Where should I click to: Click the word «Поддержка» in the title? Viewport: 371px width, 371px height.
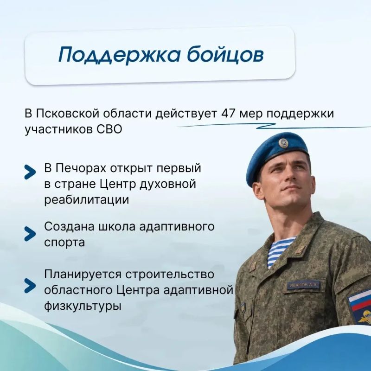[x=120, y=54]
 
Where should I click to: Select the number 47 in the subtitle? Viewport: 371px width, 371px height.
[x=229, y=114]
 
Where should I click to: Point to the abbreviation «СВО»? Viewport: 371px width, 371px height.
[x=109, y=129]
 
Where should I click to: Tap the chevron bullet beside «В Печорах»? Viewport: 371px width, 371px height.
[x=30, y=172]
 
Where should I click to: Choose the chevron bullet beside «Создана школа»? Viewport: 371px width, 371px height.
[x=30, y=234]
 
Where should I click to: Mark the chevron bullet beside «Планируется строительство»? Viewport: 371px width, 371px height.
[x=30, y=286]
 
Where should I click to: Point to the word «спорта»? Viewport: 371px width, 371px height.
[x=64, y=243]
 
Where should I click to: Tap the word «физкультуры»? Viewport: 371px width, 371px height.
[x=83, y=306]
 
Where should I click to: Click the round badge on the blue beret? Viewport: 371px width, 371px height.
[x=283, y=144]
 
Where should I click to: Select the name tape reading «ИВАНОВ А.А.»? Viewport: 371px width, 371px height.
[x=303, y=285]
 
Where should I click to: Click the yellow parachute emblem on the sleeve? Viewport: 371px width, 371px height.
[x=365, y=317]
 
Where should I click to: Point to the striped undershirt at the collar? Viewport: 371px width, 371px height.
[x=279, y=251]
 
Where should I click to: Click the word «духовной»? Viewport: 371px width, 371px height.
[x=168, y=184]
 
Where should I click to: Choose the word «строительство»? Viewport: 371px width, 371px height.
[x=170, y=275]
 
